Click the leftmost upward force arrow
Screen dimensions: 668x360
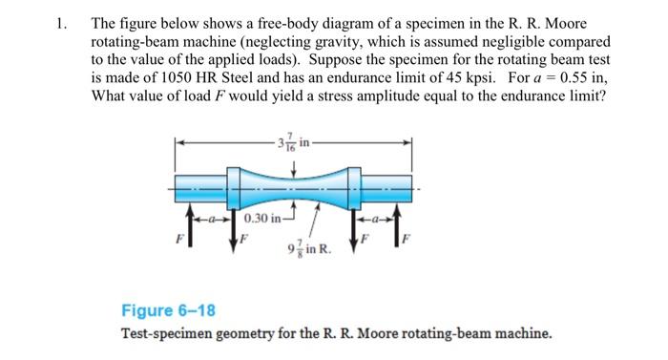[x=187, y=217]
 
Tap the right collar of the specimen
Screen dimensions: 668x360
[x=352, y=186]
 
